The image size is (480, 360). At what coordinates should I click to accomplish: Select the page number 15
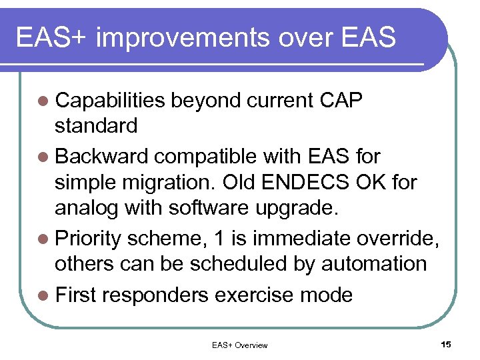pos(446,344)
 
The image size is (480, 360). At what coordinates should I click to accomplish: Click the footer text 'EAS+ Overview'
pos(239,345)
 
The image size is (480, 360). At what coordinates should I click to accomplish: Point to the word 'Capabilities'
pos(111,101)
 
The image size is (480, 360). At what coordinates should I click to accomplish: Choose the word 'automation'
pos(374,264)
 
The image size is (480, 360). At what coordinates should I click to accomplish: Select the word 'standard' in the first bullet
pos(97,125)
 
